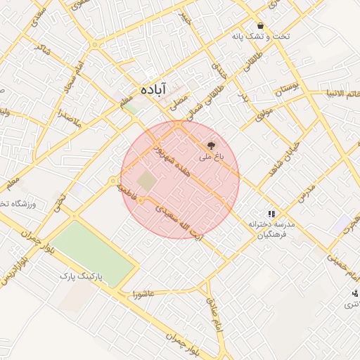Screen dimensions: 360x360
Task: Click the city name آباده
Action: (x=153, y=89)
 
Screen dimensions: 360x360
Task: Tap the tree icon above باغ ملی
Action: (x=210, y=146)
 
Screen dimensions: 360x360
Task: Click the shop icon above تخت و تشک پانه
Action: (x=260, y=25)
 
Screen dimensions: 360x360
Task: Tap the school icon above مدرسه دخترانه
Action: (x=271, y=213)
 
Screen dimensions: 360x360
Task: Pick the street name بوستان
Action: (x=287, y=89)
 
